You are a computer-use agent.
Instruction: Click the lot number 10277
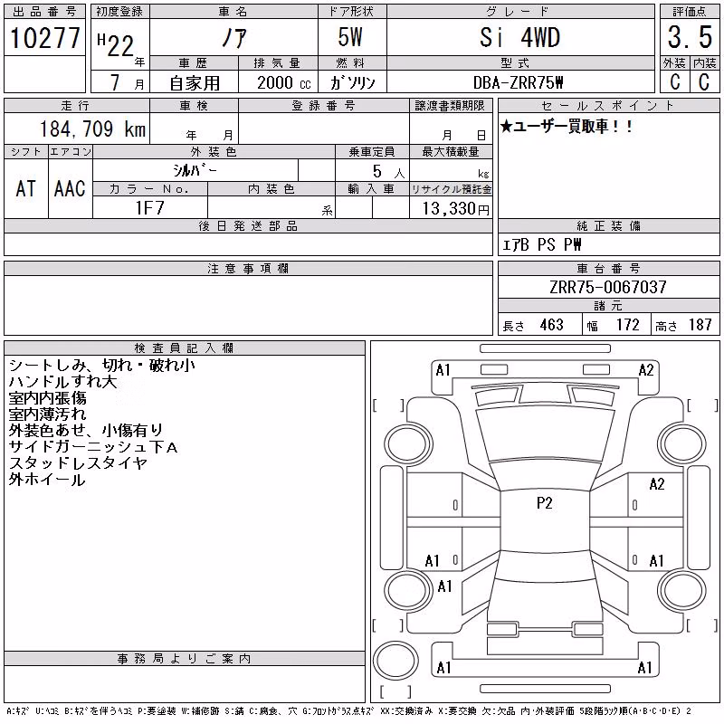pos(44,38)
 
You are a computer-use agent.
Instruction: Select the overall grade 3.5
pos(690,37)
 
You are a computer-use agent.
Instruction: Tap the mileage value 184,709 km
pos(92,129)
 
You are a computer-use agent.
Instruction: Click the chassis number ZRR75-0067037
pos(608,287)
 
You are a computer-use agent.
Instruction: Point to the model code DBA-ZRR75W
pos(518,82)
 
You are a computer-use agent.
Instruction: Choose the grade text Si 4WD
pos(519,37)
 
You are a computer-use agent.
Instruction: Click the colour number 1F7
pos(149,208)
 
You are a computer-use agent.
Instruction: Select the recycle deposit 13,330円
pos(456,209)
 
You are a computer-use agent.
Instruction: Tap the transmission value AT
pos(26,188)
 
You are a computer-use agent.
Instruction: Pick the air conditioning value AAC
pos(70,188)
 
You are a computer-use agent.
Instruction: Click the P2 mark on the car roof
pos(545,503)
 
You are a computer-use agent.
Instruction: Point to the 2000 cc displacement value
pos(284,82)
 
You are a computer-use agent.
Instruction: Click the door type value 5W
pos(350,37)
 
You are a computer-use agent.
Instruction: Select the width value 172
pos(627,325)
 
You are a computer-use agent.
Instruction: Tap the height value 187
pos(700,325)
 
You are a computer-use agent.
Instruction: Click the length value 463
pos(552,325)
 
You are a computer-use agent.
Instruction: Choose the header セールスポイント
pos(608,106)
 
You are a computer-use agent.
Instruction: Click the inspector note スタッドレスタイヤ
pos(78,463)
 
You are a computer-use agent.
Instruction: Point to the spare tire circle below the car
pos(395,661)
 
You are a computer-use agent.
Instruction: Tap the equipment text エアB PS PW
pos(541,244)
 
